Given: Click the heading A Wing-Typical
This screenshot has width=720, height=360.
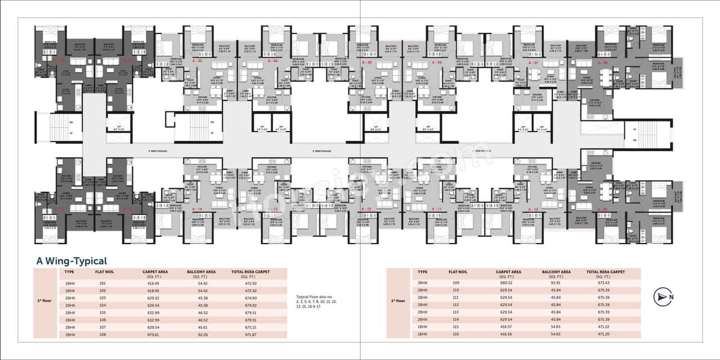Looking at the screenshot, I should (71, 261).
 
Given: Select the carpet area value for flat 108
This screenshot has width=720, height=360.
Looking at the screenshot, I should (154, 335).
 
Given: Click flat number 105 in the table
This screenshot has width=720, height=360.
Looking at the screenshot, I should (102, 313).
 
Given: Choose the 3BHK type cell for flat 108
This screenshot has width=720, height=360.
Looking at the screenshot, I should (71, 335).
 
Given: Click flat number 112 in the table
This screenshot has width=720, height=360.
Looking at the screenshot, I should (456, 305).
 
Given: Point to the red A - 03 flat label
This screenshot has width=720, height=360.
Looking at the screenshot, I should (197, 60).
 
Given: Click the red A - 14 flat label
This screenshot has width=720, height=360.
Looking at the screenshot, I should (197, 209).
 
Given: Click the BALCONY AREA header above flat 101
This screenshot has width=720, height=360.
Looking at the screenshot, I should (201, 274).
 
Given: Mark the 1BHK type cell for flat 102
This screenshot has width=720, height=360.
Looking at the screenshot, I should (71, 291).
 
